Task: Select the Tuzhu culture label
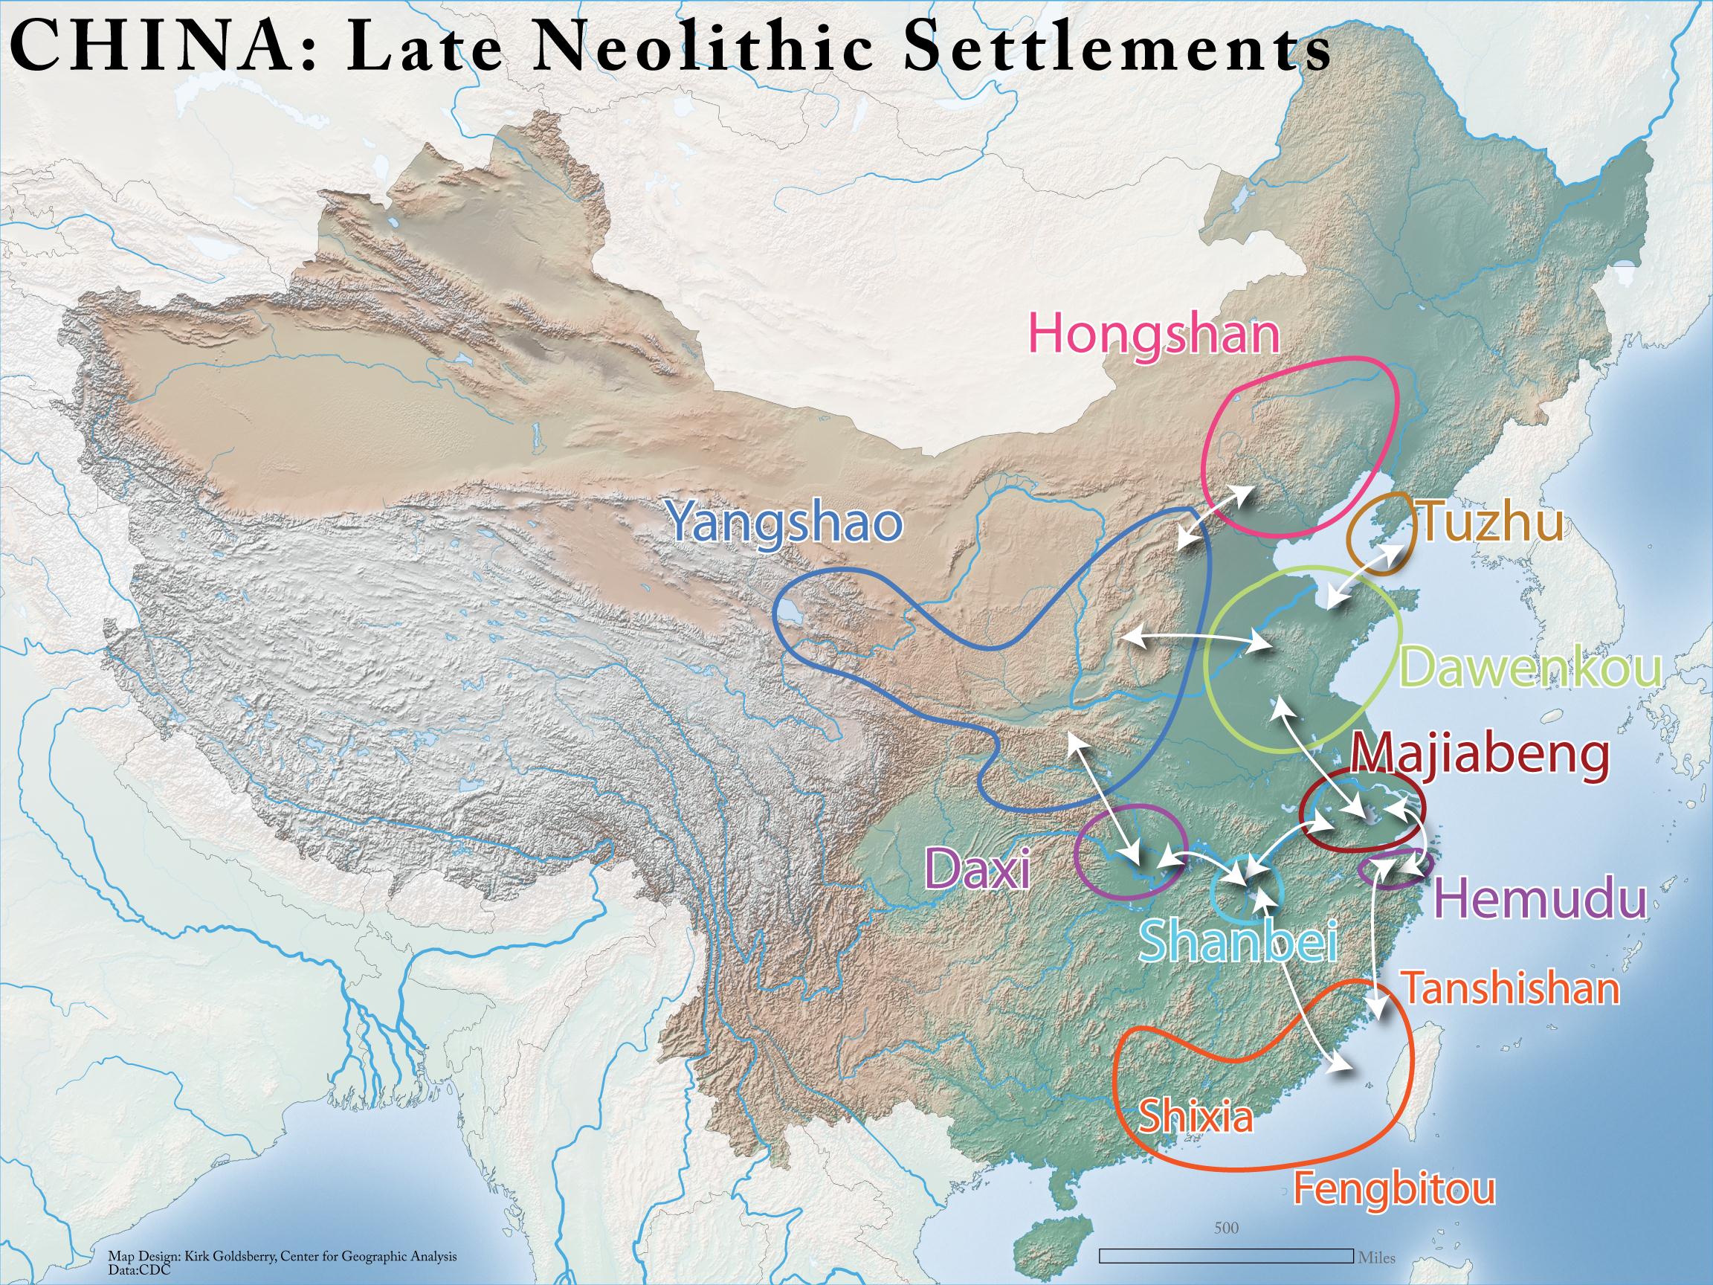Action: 1489,524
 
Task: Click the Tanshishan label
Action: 1510,988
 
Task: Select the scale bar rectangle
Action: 1227,1255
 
